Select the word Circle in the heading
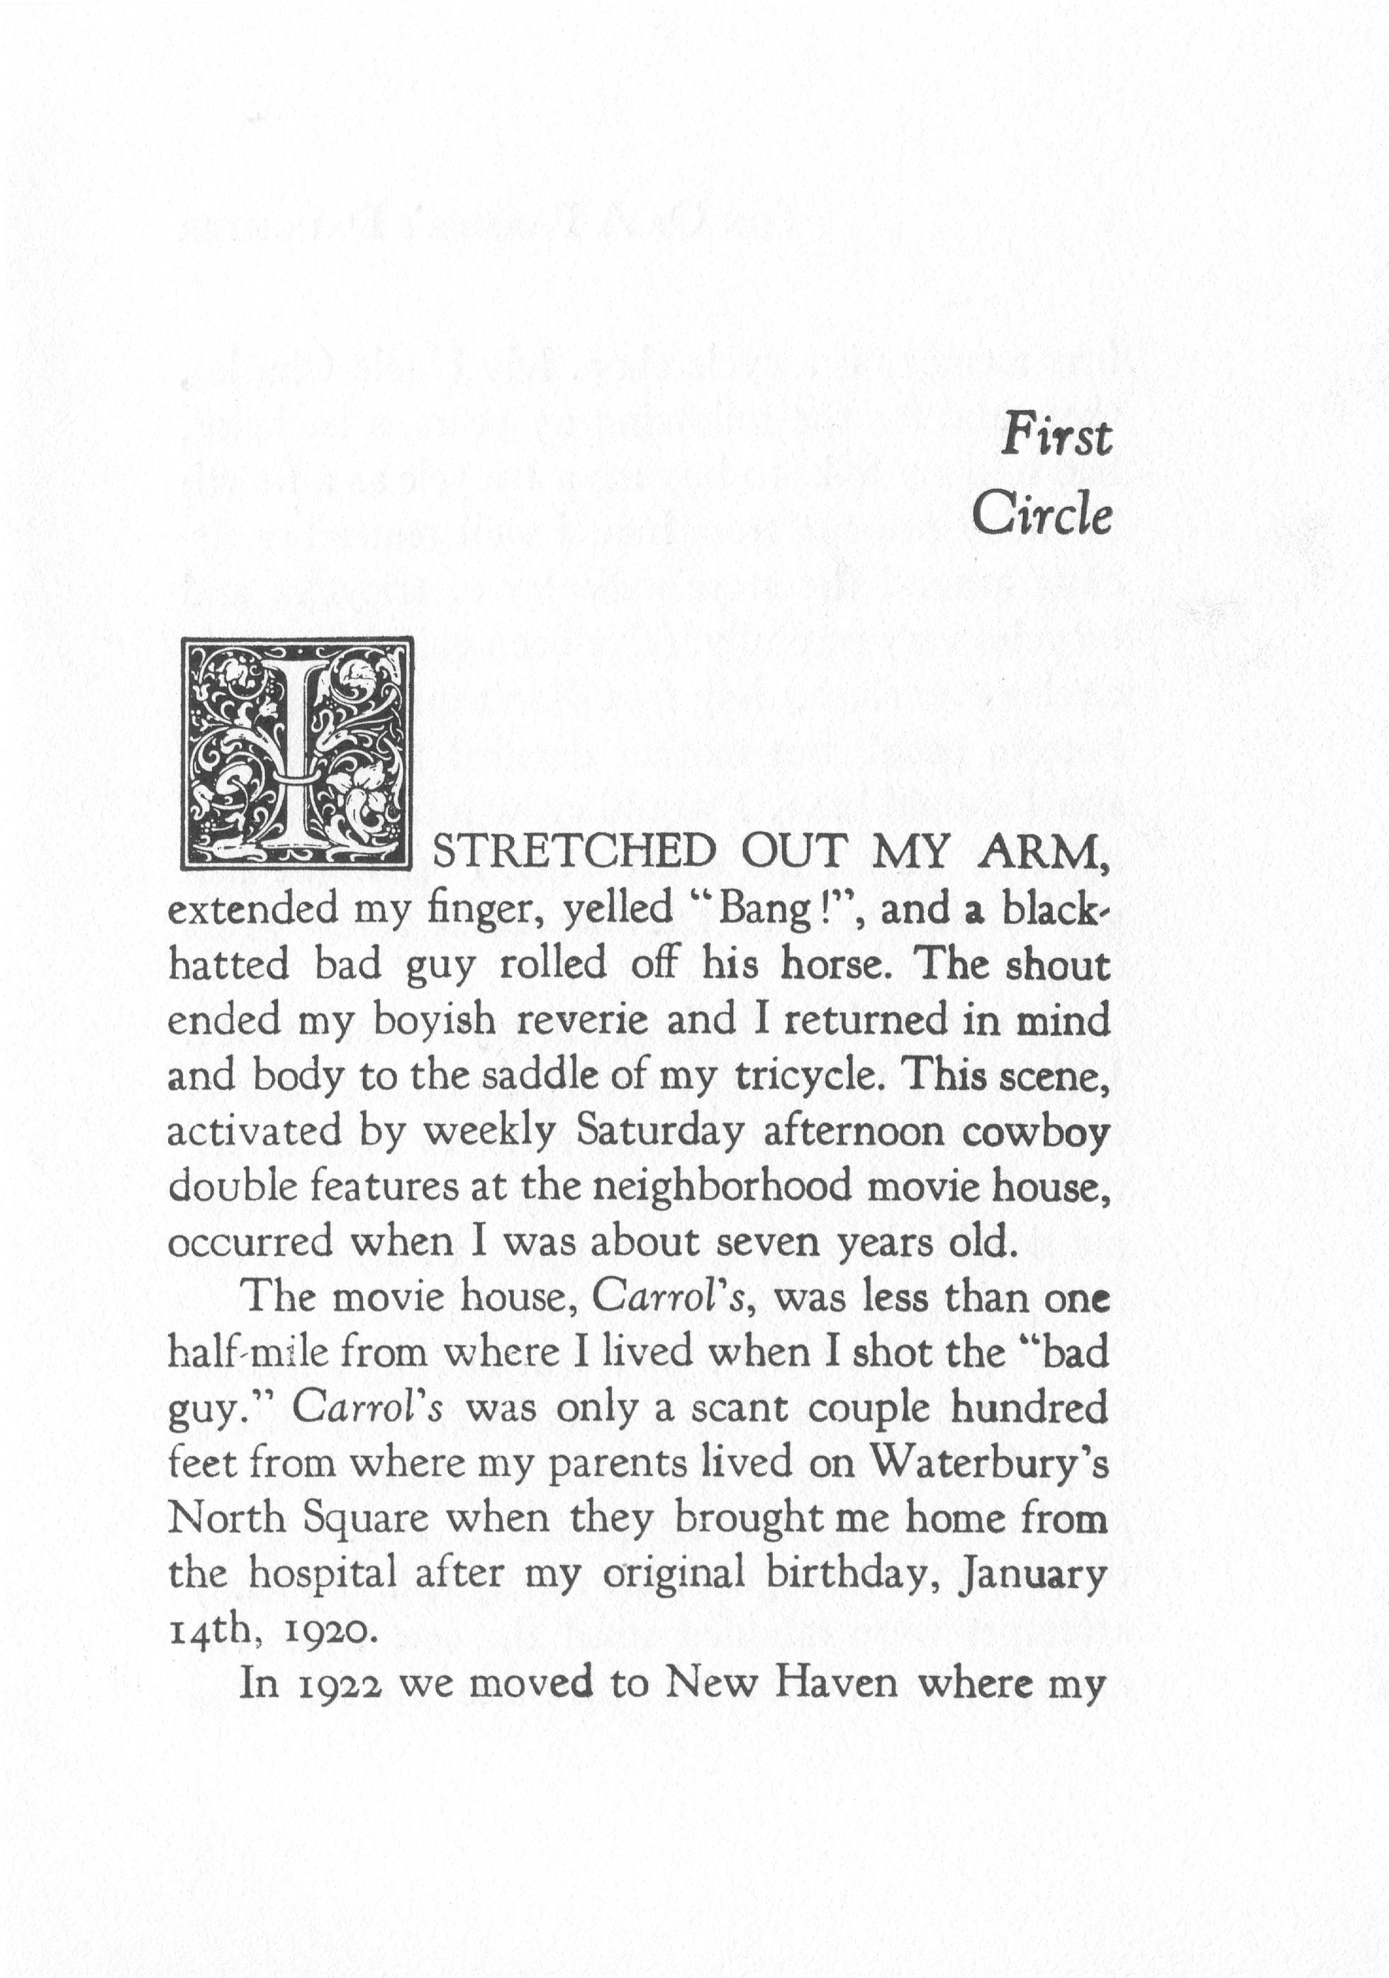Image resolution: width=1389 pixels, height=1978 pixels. tap(1042, 516)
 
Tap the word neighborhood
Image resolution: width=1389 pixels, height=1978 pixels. tap(722, 1187)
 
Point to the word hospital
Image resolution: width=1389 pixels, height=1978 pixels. tap(323, 1574)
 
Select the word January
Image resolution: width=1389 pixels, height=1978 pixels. tap(1033, 1574)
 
